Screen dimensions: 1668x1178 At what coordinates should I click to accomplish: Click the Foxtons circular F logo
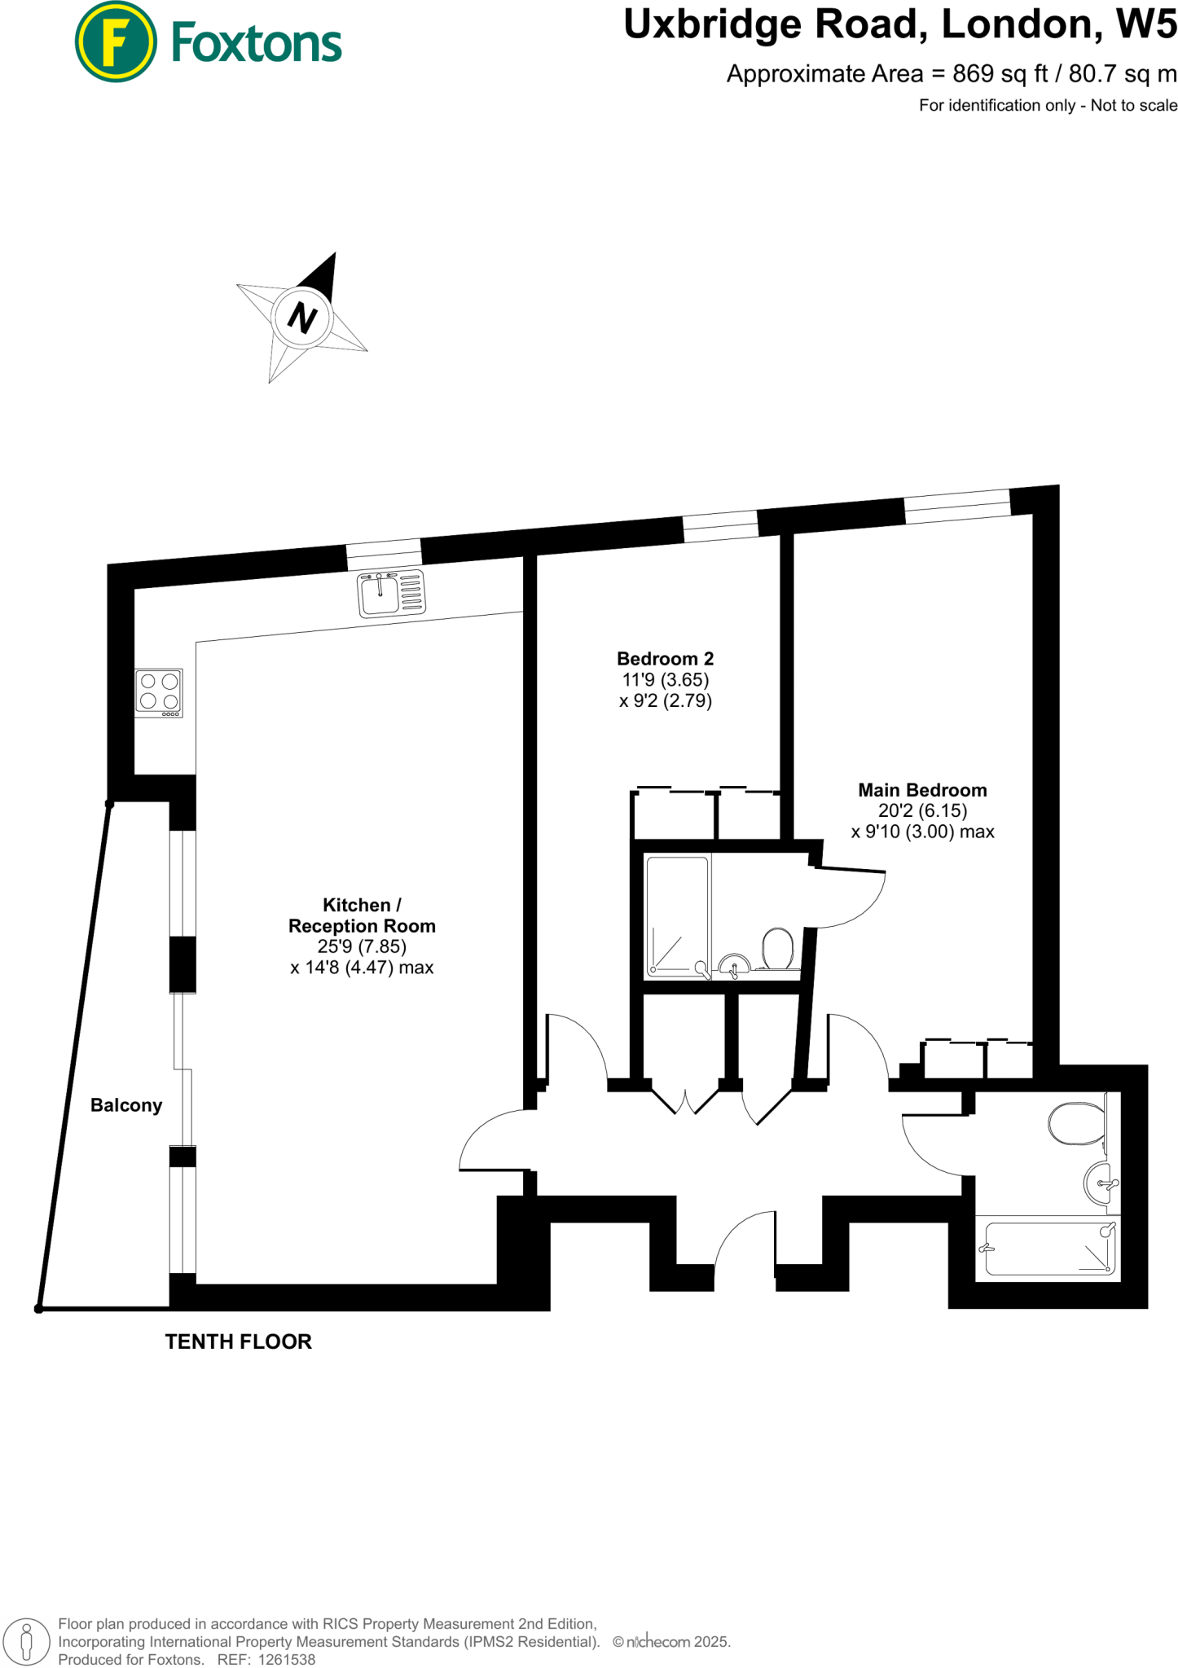(x=115, y=42)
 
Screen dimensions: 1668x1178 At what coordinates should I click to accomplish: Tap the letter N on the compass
(x=302, y=318)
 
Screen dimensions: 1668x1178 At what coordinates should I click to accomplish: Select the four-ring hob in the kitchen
(x=159, y=692)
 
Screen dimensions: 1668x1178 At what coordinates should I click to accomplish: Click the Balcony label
(x=126, y=1105)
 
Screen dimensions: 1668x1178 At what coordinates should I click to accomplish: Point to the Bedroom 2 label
(x=665, y=658)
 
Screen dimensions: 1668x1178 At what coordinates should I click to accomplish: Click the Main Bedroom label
(x=922, y=790)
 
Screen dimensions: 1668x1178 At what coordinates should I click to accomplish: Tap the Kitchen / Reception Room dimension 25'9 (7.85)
(x=362, y=946)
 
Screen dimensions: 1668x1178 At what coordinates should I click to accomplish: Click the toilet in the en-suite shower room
(x=777, y=949)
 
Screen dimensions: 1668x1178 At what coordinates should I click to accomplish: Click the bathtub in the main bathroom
(x=1048, y=1248)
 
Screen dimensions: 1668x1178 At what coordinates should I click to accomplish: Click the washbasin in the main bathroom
(x=1100, y=1183)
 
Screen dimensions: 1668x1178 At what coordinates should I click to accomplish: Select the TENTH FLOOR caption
(x=238, y=1341)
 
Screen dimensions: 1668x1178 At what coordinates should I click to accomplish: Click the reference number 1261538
(x=286, y=1659)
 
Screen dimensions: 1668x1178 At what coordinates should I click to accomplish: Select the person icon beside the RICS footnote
(x=27, y=1640)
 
